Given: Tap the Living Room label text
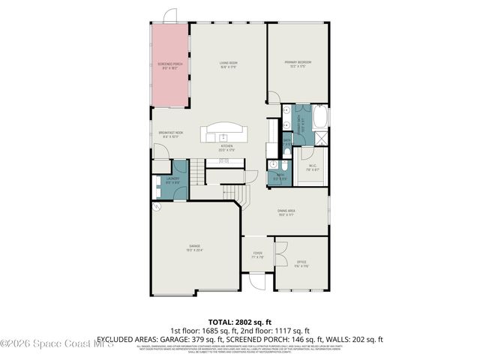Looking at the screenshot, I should click(229, 63).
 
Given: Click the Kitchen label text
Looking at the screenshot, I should click(226, 146).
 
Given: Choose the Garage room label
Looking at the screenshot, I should click(194, 246).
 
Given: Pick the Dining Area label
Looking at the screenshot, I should click(286, 211).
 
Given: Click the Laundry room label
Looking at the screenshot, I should click(172, 178).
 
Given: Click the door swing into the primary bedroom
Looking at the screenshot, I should click(274, 97).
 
